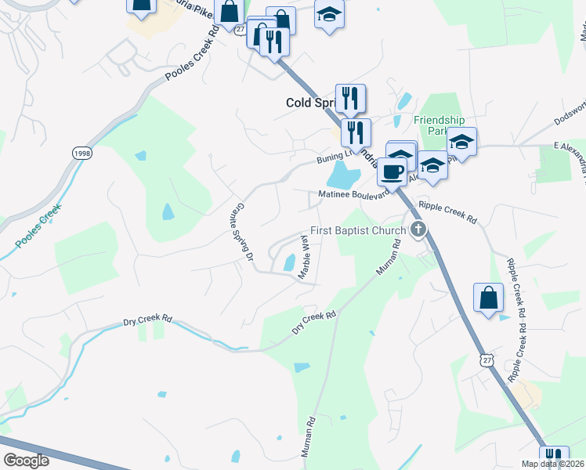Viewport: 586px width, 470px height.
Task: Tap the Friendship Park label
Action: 439,125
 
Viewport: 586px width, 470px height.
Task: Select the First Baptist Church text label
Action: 358,230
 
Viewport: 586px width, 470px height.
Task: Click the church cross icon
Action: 419,230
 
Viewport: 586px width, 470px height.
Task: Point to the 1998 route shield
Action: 81,153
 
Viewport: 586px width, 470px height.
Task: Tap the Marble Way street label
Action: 305,261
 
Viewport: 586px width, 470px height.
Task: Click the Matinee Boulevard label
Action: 353,195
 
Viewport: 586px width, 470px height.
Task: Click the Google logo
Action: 27,461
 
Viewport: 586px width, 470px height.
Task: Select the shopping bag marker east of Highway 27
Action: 488,298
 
